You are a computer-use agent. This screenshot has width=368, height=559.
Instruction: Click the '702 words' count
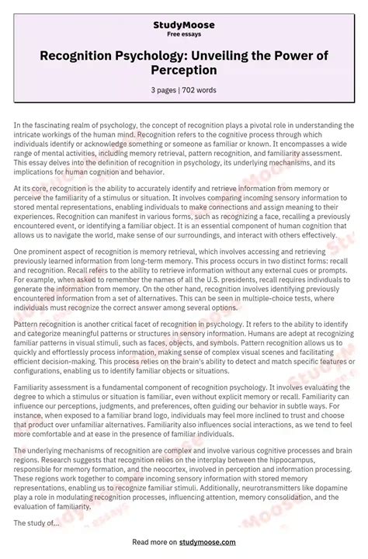tap(201, 90)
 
